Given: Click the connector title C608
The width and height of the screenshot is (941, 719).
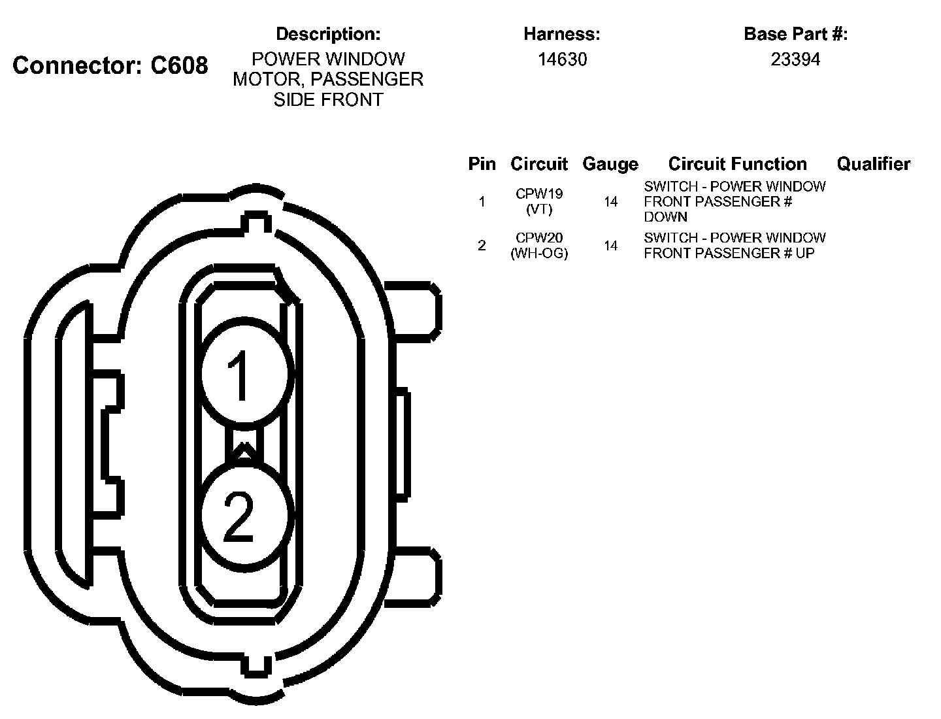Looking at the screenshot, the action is pyautogui.click(x=110, y=65).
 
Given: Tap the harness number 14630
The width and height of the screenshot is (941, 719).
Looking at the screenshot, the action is pyautogui.click(x=562, y=59).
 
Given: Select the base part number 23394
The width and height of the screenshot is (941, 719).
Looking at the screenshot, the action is pyautogui.click(x=795, y=59).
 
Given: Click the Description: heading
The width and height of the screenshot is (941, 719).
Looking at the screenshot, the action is pyautogui.click(x=328, y=34).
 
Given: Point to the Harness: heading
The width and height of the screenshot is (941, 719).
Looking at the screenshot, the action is pyautogui.click(x=561, y=34).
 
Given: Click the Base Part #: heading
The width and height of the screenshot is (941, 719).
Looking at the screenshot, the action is pyautogui.click(x=795, y=34).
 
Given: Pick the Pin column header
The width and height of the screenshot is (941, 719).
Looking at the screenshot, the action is pyautogui.click(x=482, y=164).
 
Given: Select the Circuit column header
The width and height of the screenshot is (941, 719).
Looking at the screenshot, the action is pyautogui.click(x=539, y=164).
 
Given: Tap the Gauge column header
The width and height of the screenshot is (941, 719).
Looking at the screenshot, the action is pyautogui.click(x=610, y=164).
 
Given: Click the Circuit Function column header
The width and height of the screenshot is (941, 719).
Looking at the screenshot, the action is pyautogui.click(x=737, y=164).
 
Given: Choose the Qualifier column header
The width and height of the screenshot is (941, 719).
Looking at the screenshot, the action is pyautogui.click(x=873, y=164).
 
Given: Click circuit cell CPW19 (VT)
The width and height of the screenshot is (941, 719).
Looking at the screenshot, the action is pyautogui.click(x=539, y=201).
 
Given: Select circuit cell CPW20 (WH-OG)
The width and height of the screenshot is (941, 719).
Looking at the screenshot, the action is pyautogui.click(x=539, y=246).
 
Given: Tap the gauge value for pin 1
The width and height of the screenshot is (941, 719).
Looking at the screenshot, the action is pyautogui.click(x=610, y=202).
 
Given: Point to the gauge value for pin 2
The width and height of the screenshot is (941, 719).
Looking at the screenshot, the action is pyautogui.click(x=610, y=246).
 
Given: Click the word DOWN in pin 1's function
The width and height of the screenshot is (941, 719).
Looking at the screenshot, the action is pyautogui.click(x=665, y=217).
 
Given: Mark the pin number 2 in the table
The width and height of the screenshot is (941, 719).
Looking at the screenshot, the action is pyautogui.click(x=482, y=246).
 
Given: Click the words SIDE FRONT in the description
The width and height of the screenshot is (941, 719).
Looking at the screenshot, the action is pyautogui.click(x=328, y=100).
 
